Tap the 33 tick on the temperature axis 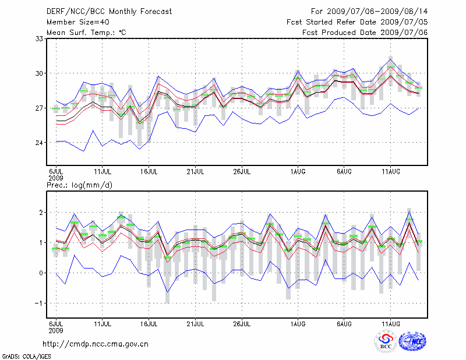click(40, 38)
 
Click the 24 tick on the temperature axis click(40, 143)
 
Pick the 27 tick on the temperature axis click(40, 108)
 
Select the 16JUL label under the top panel click(149, 172)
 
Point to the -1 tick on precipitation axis click(40, 303)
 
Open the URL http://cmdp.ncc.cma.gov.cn click(96, 344)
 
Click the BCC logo click(385, 342)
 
